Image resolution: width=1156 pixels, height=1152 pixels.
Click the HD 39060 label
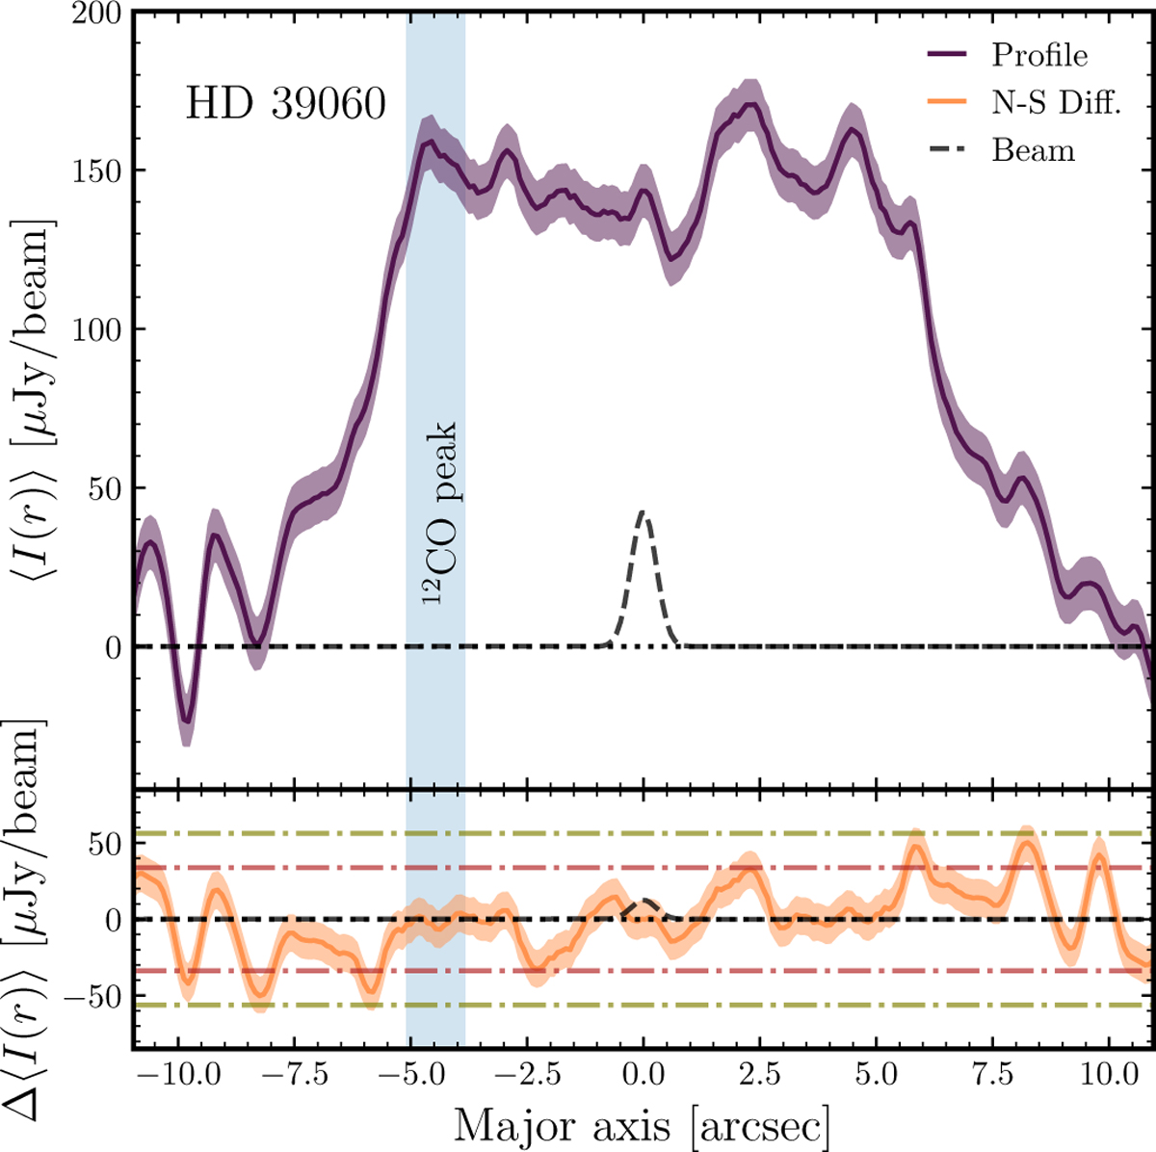pyautogui.click(x=285, y=103)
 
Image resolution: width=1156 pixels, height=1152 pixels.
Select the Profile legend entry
pyautogui.click(x=1039, y=55)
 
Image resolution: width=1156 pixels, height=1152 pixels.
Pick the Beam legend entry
pyautogui.click(x=1033, y=150)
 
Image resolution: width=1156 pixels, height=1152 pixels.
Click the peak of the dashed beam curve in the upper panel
pyautogui.click(x=643, y=511)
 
